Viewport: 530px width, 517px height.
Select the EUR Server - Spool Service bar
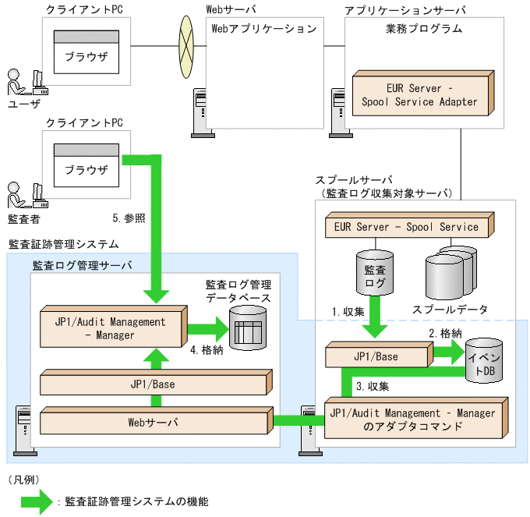click(x=405, y=228)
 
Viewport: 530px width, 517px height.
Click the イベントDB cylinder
click(x=485, y=362)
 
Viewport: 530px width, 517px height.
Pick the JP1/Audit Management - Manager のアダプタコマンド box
click(x=412, y=420)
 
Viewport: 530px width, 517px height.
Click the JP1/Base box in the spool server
click(x=376, y=356)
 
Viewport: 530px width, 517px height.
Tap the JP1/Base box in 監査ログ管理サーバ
click(x=153, y=384)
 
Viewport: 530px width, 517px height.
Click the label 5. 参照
click(x=129, y=218)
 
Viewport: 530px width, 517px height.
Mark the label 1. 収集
click(x=348, y=311)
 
